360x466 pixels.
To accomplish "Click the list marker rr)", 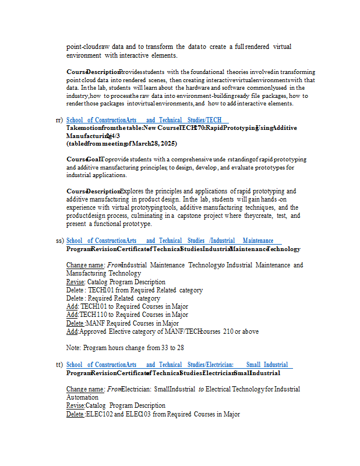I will pyautogui.click(x=59, y=120).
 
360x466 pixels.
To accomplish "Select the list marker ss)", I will pyautogui.click(x=59, y=241).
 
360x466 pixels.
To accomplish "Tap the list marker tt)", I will pyautogui.click(x=59, y=365).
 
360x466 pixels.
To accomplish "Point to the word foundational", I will pyautogui.click(x=202, y=72).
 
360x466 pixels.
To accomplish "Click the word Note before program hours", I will pyautogui.click(x=73, y=348).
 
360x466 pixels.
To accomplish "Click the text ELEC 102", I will pyautogui.click(x=97, y=414).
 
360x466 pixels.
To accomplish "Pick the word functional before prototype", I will pyautogui.click(x=112, y=224).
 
